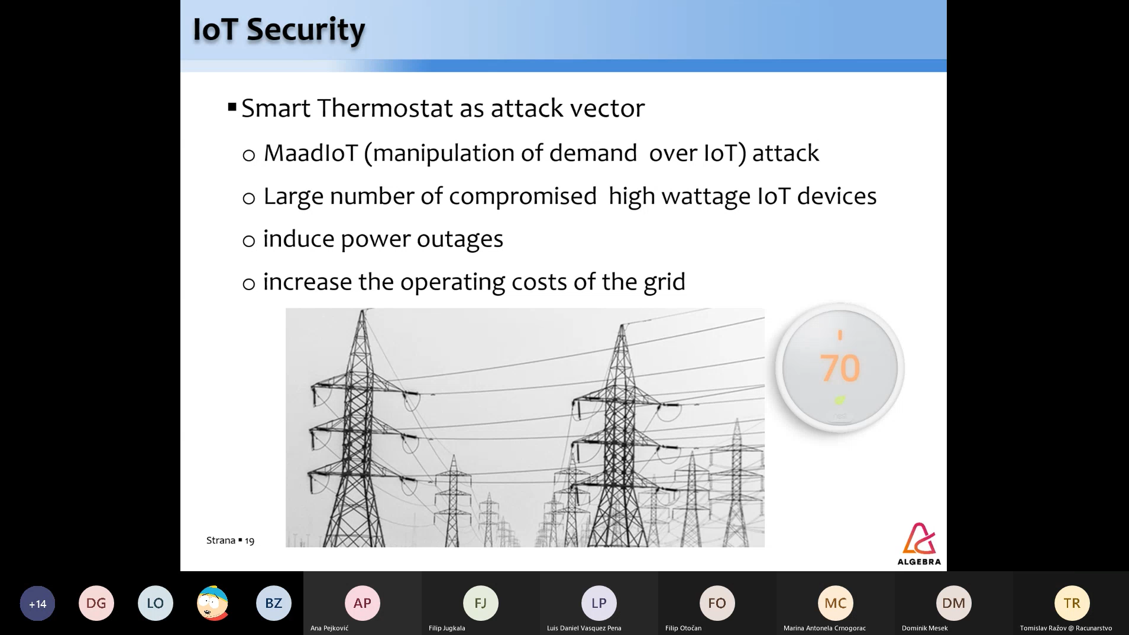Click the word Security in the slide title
tap(306, 30)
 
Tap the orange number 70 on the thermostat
tap(840, 368)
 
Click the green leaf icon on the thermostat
tap(840, 400)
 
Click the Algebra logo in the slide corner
tap(919, 544)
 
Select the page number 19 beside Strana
tap(250, 540)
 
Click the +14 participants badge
tap(37, 603)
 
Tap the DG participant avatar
tap(96, 603)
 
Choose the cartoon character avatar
tap(213, 603)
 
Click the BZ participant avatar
tap(274, 603)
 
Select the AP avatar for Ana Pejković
tap(363, 603)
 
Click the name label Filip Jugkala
tap(447, 628)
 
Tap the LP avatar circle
tap(599, 603)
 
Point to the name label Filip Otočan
tap(683, 628)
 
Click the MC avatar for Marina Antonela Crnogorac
tap(836, 603)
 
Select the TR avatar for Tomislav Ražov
tap(1072, 603)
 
